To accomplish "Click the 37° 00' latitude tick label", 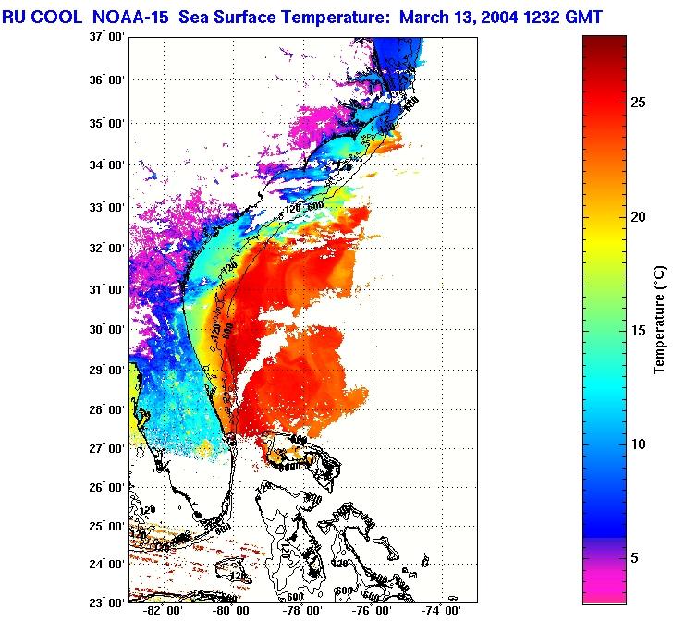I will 107,38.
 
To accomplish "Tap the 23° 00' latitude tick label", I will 107,602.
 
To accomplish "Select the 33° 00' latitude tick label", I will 107,207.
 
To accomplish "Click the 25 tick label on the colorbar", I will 639,103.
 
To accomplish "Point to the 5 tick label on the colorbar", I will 635,557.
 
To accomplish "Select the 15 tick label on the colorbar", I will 639,330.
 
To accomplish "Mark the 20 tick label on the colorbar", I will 639,216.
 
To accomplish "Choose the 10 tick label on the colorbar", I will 639,444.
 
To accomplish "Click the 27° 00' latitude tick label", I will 107,449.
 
